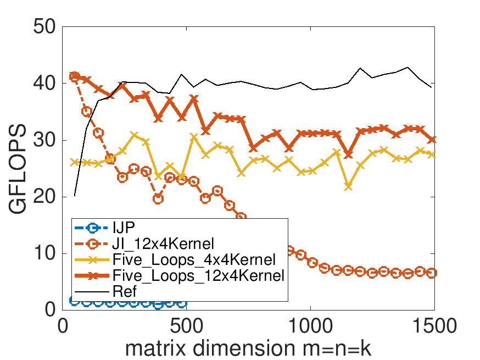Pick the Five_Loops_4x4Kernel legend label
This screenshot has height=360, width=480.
coord(193,259)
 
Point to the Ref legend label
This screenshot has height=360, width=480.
coord(124,291)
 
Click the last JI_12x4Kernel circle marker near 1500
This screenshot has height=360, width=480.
coord(432,273)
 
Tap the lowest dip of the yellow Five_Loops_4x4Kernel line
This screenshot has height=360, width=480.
coord(348,186)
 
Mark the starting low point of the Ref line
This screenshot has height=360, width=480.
coord(75,196)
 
